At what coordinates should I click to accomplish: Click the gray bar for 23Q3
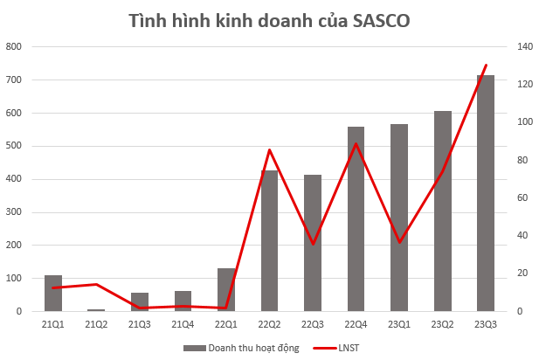[485, 192]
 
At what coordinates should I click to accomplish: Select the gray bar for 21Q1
[53, 293]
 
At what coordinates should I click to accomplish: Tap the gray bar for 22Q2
[269, 240]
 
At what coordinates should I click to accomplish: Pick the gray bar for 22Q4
[356, 218]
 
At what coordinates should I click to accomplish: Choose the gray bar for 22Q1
[226, 289]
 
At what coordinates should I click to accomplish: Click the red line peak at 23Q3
[486, 65]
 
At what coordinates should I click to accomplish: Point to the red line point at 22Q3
[313, 244]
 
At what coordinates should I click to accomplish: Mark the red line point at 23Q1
[399, 242]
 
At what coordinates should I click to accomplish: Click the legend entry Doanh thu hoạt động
[241, 348]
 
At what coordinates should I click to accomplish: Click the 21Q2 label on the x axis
[96, 325]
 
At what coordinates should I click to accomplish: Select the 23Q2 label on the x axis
[442, 325]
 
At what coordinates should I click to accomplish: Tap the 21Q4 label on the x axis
[183, 325]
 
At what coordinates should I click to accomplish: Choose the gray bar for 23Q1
[399, 218]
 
